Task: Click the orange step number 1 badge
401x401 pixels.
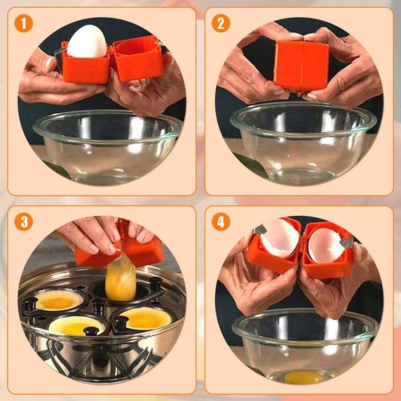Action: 24,23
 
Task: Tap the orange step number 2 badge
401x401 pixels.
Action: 221,23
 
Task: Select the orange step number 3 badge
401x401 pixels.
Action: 24,222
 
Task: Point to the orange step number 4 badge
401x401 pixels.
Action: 221,222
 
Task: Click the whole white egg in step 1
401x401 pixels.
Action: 87,41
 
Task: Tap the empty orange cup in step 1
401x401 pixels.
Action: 137,59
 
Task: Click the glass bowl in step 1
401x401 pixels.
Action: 107,146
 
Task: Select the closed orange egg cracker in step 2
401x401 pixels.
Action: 301,67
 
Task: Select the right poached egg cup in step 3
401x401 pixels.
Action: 146,318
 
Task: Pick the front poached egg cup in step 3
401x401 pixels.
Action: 76,325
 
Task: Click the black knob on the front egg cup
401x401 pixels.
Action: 91,331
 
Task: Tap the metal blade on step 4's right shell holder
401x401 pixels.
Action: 346,242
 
